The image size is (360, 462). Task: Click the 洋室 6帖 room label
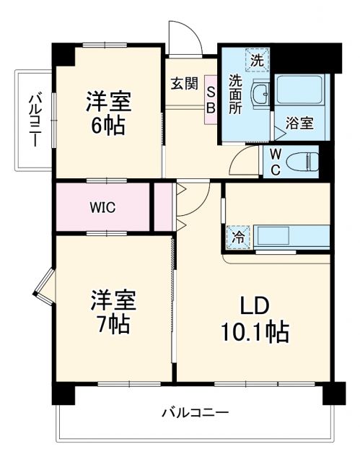pos(107,113)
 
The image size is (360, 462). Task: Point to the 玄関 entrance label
pos(184,83)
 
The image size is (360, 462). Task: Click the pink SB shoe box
pos(211,99)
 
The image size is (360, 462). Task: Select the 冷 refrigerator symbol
pos(237,235)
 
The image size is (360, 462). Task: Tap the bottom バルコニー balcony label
pos(195,413)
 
